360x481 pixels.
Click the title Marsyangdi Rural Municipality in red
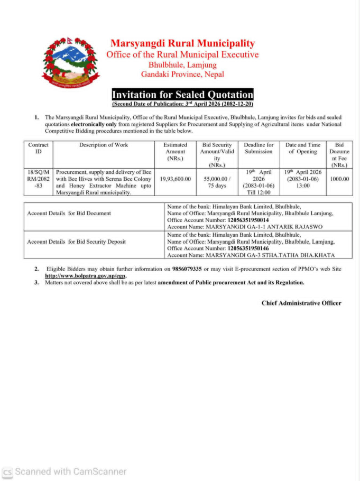click(182, 43)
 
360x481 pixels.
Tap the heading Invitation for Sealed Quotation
click(182, 95)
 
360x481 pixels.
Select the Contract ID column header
click(38, 148)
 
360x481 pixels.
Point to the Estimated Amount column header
click(175, 151)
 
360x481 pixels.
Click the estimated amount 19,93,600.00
click(175, 179)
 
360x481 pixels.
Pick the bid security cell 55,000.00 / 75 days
click(217, 182)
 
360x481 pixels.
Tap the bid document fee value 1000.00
click(339, 179)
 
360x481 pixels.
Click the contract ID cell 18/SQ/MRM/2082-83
click(38, 179)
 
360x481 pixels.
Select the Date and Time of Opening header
click(303, 148)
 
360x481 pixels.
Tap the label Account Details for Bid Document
click(69, 213)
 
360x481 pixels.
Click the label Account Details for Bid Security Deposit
click(77, 242)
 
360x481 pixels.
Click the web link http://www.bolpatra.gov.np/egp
click(85, 276)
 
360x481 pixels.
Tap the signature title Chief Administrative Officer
click(301, 303)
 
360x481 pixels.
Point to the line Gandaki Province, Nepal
click(182, 75)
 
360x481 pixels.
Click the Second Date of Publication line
click(182, 104)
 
